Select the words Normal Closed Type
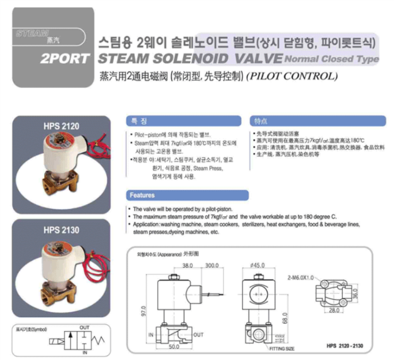pos(332,59)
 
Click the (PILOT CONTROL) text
pos(292,76)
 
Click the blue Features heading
pos(142,195)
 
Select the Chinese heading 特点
pos(262,121)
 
